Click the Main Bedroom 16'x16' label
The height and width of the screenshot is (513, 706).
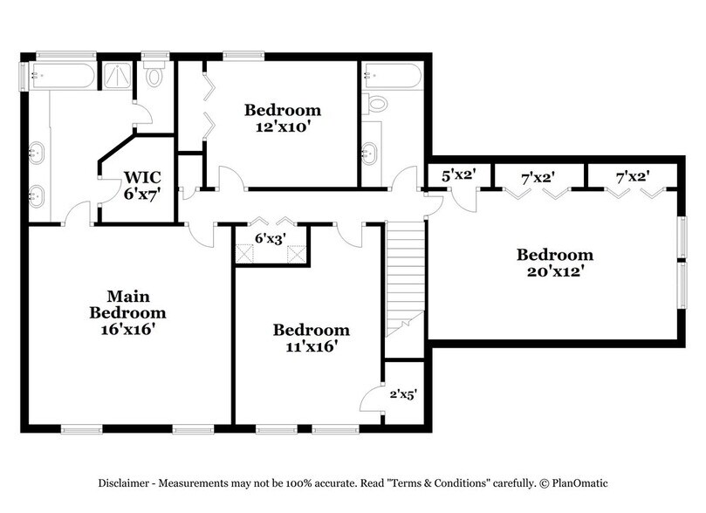pos(127,312)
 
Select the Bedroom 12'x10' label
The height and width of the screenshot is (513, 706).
pos(282,119)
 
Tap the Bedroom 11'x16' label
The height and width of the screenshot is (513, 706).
pos(311,338)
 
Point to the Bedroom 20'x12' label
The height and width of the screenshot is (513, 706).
pos(554,263)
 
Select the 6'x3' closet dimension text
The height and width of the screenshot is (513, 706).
pos(270,237)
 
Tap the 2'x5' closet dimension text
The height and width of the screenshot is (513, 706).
pos(402,394)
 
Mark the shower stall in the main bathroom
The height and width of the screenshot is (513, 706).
pos(116,76)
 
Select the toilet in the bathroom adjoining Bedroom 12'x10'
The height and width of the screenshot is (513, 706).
pos(378,103)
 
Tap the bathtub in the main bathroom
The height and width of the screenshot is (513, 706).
pos(61,75)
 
